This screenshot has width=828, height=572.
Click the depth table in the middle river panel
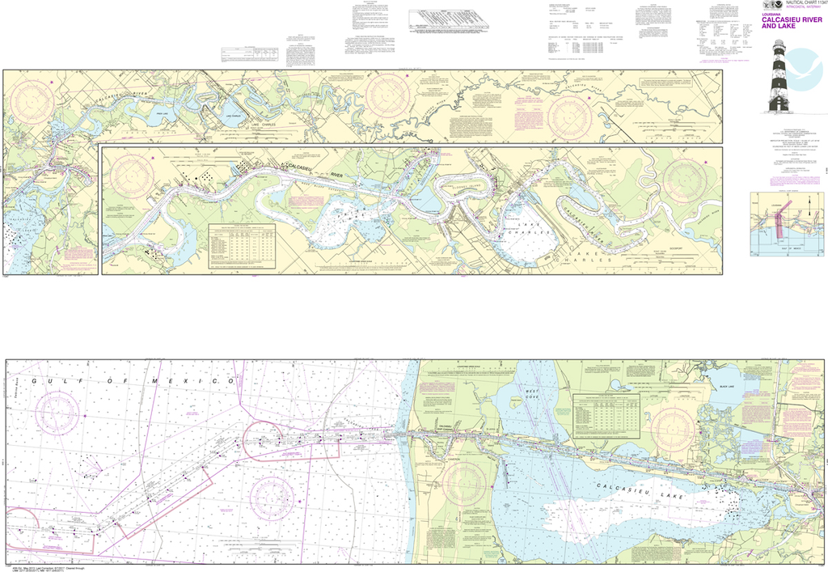click(x=242, y=243)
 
